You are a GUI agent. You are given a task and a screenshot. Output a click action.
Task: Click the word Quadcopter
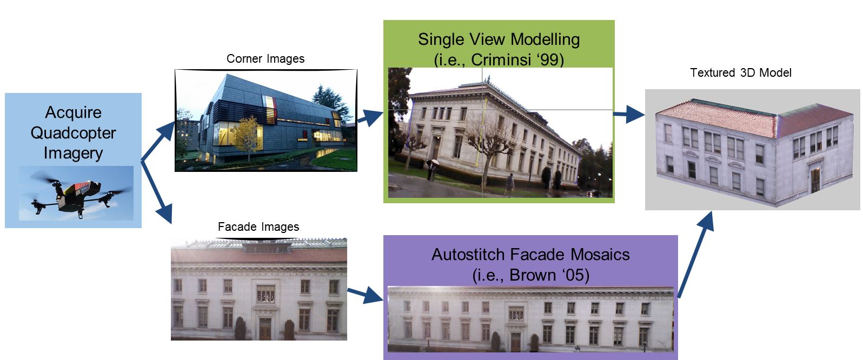pyautogui.click(x=73, y=133)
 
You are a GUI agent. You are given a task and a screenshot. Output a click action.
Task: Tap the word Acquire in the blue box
pyautogui.click(x=73, y=112)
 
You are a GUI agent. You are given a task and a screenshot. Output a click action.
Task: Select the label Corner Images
pyautogui.click(x=265, y=58)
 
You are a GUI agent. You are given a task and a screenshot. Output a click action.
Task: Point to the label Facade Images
pyautogui.click(x=258, y=227)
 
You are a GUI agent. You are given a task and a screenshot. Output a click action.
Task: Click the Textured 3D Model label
pyautogui.click(x=740, y=73)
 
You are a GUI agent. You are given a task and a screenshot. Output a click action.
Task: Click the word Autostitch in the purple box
pyautogui.click(x=467, y=255)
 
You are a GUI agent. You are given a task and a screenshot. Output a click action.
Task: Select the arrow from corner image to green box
pyautogui.click(x=370, y=117)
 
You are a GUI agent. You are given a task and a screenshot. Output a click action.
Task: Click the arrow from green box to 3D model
pyautogui.click(x=629, y=114)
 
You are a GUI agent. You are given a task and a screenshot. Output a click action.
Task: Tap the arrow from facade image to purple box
pyautogui.click(x=365, y=295)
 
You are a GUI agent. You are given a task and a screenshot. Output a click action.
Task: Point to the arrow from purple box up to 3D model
pyautogui.click(x=696, y=255)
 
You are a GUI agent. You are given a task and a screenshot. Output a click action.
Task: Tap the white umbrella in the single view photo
pyautogui.click(x=435, y=162)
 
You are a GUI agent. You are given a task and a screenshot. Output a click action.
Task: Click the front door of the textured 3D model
pyautogui.click(x=815, y=180)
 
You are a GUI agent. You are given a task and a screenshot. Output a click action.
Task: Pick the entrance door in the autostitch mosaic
pyautogui.click(x=515, y=342)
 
